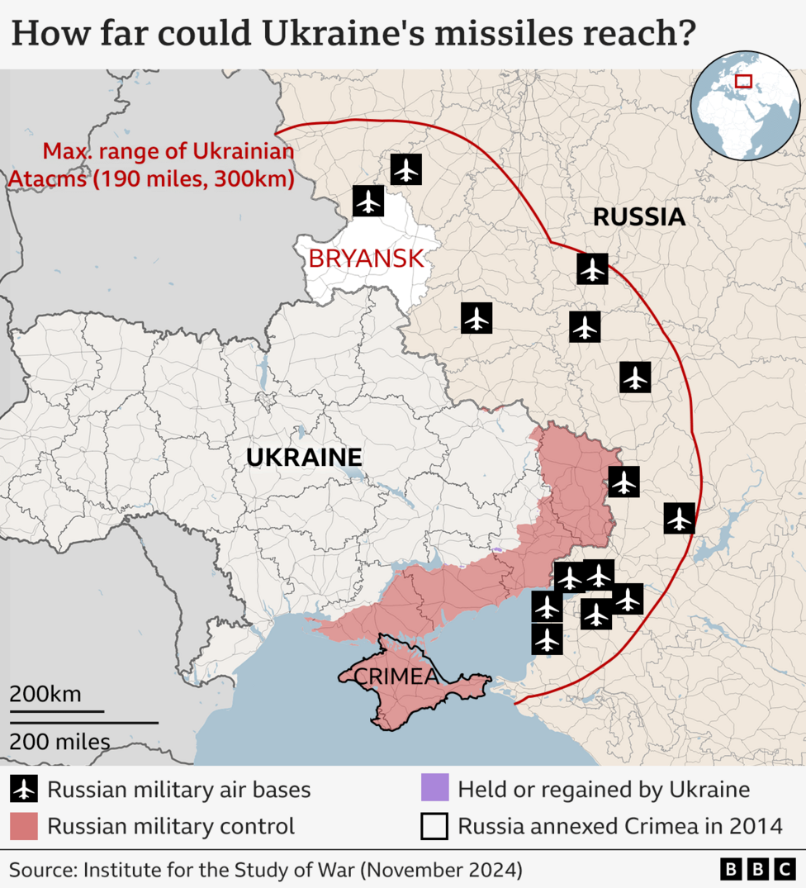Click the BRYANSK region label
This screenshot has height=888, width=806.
[366, 259]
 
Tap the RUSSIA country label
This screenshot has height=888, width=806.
[639, 217]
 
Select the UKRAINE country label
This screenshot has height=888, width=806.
[304, 457]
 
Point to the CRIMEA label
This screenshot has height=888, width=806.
[396, 677]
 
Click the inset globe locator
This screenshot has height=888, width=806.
[745, 104]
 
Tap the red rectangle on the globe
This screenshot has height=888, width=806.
[743, 81]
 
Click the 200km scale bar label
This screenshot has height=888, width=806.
[45, 694]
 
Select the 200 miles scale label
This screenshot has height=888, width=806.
[59, 741]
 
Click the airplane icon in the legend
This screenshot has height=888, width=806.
[24, 790]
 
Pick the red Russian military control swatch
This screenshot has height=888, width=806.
[24, 825]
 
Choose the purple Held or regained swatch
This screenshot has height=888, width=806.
[434, 788]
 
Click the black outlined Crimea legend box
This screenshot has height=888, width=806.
[434, 825]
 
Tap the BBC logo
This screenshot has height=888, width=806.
[757, 869]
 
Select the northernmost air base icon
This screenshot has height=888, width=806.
[405, 169]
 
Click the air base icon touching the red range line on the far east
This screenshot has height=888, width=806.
[679, 519]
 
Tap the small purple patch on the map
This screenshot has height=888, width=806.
[496, 549]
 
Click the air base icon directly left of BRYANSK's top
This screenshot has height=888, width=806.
[368, 201]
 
